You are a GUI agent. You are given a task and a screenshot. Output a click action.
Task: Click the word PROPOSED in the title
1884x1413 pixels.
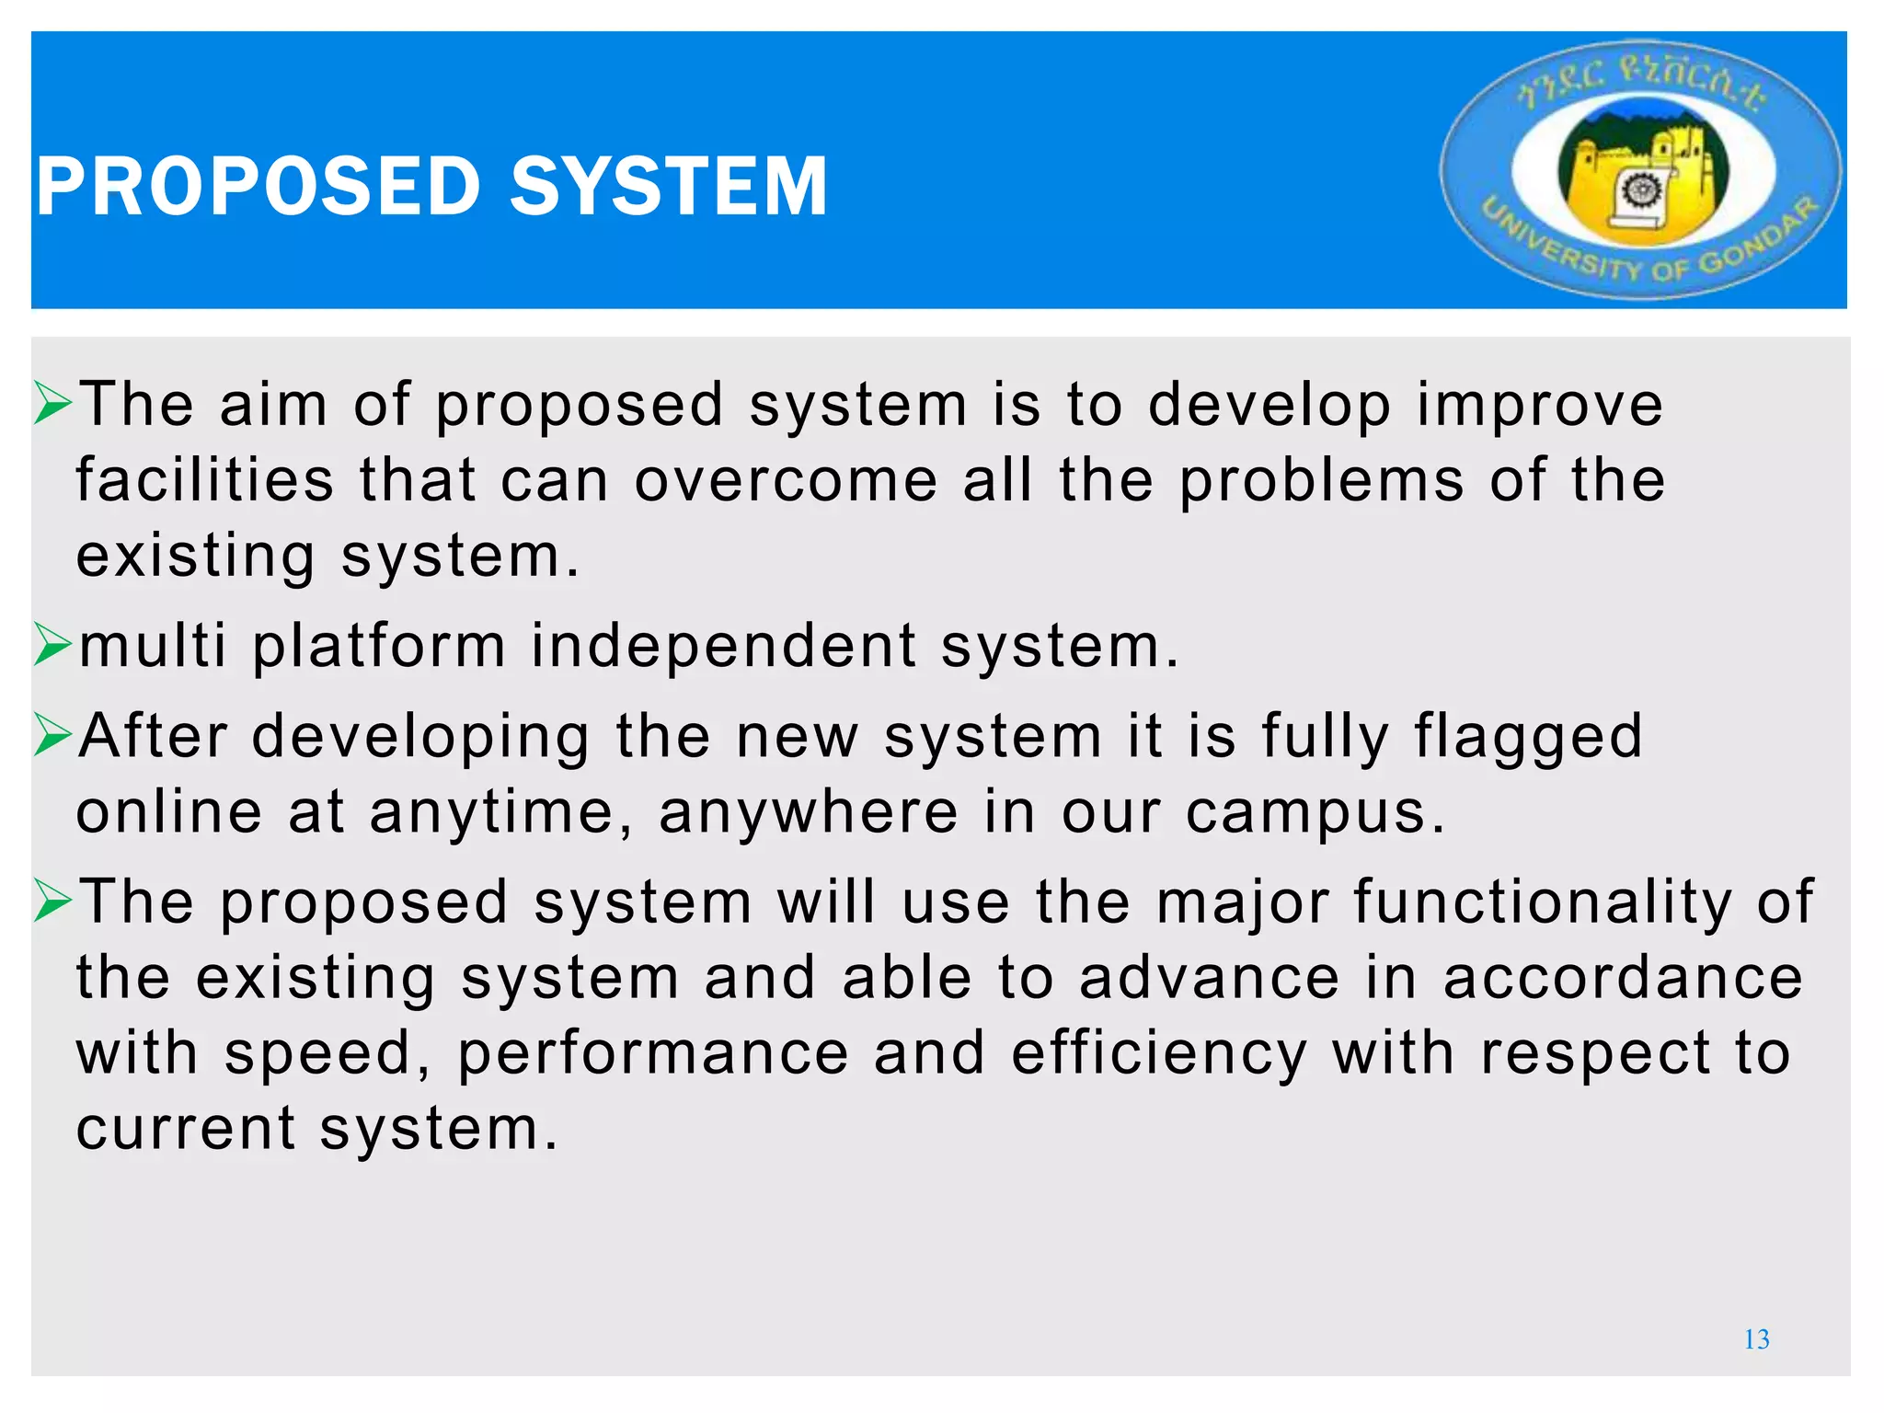(x=258, y=187)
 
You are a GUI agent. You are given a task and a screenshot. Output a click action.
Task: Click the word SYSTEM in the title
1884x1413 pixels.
(x=669, y=187)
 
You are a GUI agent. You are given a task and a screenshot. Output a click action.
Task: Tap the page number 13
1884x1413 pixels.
(x=1756, y=1339)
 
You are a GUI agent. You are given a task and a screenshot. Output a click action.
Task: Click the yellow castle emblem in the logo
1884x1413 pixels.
(x=1642, y=175)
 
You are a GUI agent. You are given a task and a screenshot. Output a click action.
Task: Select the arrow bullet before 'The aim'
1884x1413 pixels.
(x=52, y=405)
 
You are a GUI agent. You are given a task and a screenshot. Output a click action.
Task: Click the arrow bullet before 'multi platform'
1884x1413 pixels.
(x=52, y=645)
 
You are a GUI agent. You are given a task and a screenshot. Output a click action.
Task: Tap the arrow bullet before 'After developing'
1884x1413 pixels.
(x=52, y=736)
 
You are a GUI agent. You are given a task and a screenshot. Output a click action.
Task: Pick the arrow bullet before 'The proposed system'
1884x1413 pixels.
(x=52, y=901)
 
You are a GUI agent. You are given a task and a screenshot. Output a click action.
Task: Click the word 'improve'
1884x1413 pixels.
(x=1540, y=406)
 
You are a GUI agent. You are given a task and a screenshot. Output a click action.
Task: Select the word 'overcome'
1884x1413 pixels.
(x=786, y=481)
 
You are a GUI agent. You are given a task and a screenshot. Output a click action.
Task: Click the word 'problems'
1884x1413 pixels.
(x=1322, y=481)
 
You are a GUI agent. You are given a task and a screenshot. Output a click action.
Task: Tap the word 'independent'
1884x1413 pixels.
(x=724, y=646)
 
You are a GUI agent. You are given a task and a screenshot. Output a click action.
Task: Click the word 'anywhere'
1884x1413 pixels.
(x=809, y=813)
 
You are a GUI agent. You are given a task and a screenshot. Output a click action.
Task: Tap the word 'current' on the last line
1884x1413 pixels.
(x=186, y=1129)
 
